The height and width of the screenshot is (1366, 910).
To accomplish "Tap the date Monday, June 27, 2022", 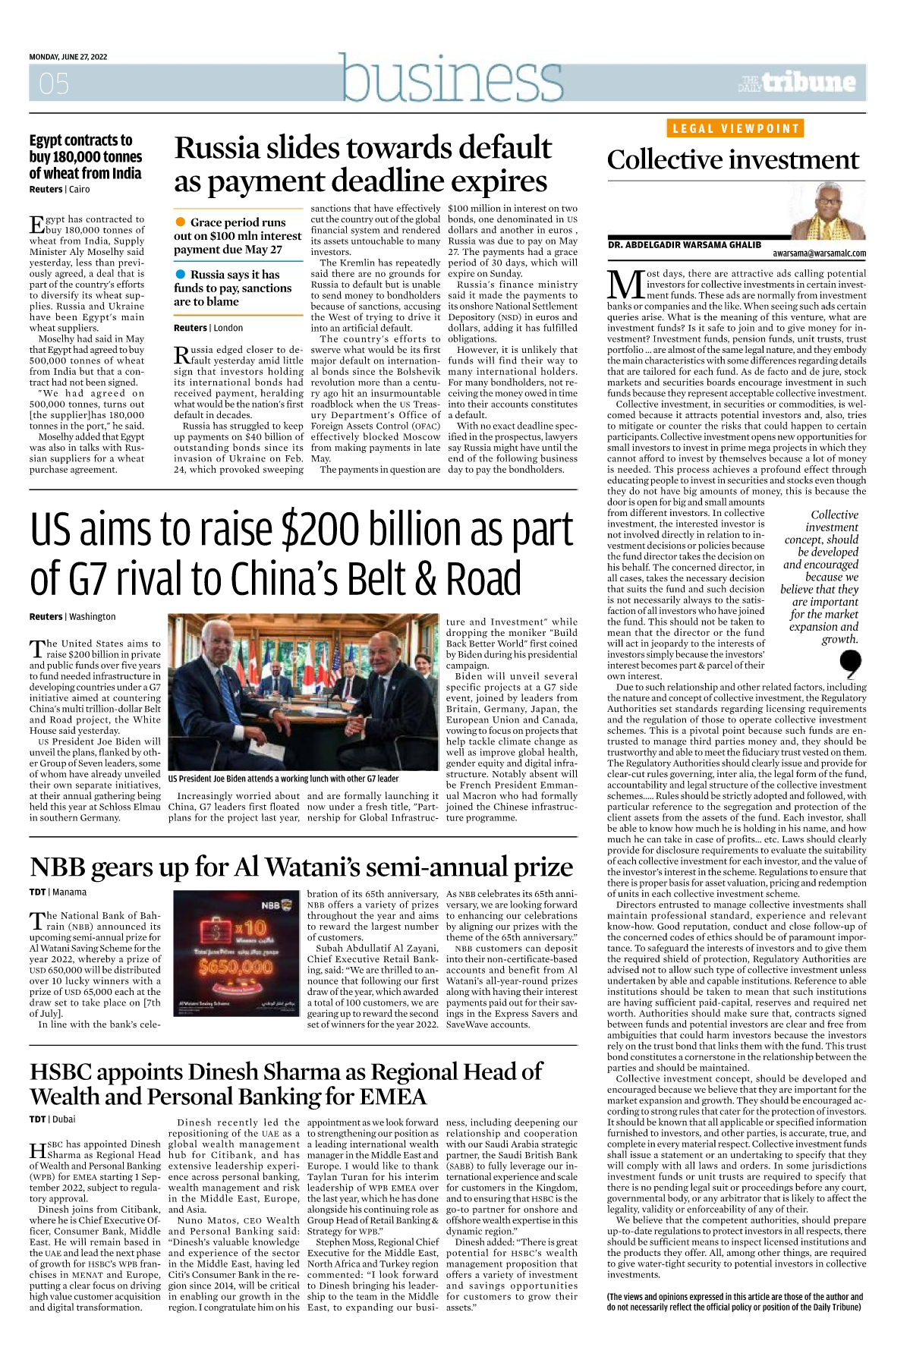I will point(68,57).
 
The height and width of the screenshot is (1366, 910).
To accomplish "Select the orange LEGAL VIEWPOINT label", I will point(735,129).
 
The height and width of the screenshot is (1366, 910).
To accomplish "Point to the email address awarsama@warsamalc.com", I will point(819,253).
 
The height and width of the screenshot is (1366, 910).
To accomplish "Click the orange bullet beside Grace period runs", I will point(181,222).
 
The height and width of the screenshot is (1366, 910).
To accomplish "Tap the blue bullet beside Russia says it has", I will point(181,274).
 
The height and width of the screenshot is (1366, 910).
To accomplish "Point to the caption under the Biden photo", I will point(283,779).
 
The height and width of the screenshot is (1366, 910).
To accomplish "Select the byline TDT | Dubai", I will point(52,1119).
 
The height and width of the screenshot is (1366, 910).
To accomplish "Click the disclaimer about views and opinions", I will point(735,1302).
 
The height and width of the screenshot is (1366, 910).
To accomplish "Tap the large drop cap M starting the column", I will point(625,285).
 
